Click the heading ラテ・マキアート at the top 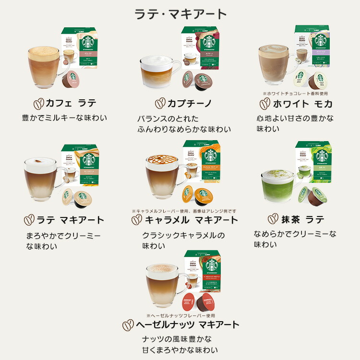180,12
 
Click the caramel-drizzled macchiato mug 165,176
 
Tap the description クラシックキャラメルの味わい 184,240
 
